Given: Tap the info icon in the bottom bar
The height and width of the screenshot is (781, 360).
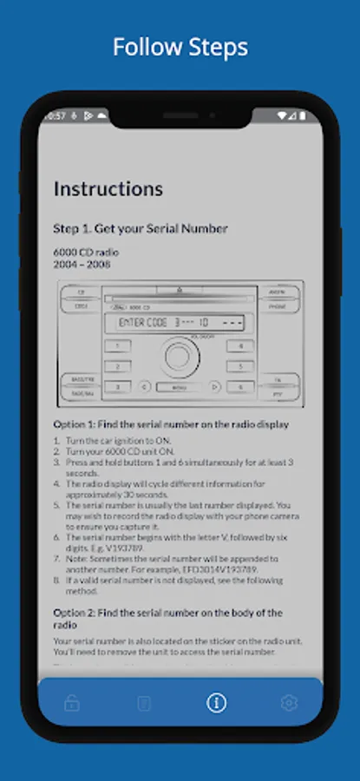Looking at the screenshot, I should point(216,703).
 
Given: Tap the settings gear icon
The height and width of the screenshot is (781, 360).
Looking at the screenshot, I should point(289,703).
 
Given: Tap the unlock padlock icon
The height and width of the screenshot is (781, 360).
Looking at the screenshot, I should point(71,703).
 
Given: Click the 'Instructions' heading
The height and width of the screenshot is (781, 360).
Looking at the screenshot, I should point(108,188).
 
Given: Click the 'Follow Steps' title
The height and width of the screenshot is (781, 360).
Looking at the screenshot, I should point(180,47).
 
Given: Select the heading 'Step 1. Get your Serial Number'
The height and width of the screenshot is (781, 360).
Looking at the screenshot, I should point(141,228).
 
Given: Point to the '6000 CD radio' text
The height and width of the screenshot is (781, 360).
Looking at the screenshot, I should point(86,252).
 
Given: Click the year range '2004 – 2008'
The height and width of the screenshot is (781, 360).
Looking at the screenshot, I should point(82,263).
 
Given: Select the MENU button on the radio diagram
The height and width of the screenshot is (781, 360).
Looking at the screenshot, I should point(179,388).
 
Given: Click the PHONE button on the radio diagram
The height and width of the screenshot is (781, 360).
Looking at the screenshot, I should point(277,306).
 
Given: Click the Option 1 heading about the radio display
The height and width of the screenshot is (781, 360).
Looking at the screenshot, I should point(171,424).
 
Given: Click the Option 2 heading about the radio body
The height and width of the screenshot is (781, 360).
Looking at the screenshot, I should point(167,618).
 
